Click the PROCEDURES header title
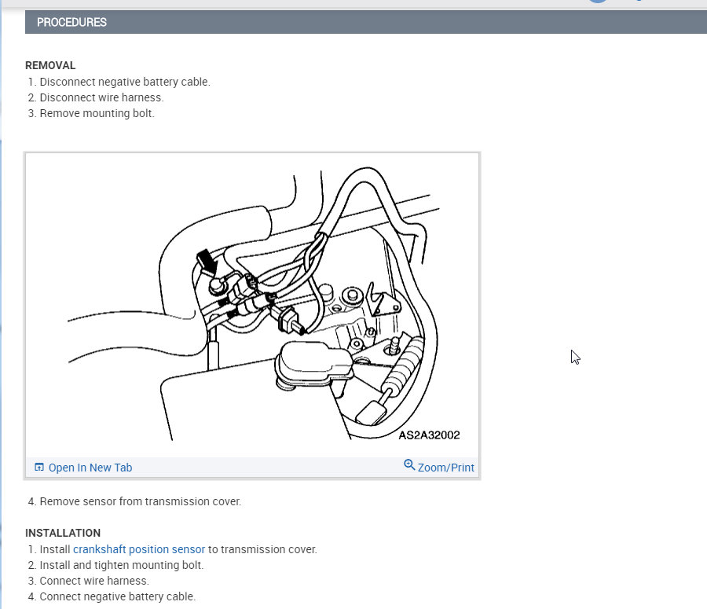click(x=71, y=22)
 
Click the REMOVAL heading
click(x=50, y=65)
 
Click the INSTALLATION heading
click(x=63, y=533)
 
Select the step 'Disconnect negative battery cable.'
click(x=125, y=82)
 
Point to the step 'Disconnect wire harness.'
click(x=101, y=97)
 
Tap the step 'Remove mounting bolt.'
click(x=97, y=113)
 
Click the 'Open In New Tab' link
click(x=90, y=468)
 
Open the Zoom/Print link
click(x=446, y=468)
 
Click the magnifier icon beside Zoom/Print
click(x=409, y=465)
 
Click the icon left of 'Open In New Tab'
click(x=39, y=468)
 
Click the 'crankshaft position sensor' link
click(x=139, y=549)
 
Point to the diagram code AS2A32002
click(x=429, y=435)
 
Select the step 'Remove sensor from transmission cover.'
click(x=141, y=501)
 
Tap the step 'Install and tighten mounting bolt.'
click(x=122, y=565)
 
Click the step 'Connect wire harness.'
click(x=94, y=581)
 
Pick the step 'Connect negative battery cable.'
click(x=118, y=596)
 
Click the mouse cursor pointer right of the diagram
click(x=575, y=357)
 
